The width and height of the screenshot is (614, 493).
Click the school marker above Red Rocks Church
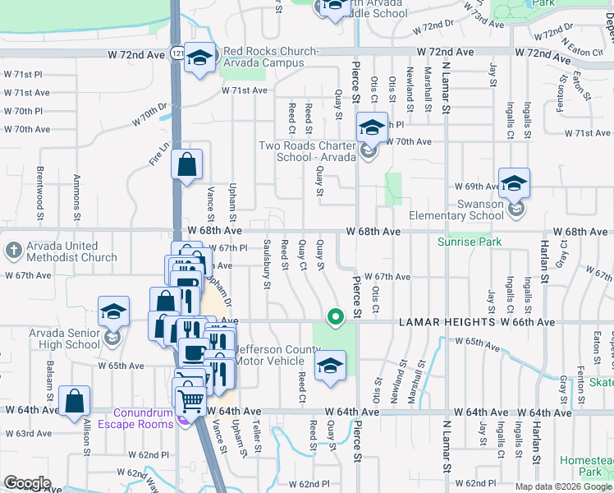pos(199,58)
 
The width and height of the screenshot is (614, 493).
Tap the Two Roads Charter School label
pos(307,151)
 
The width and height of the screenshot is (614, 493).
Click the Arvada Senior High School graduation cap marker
pos(113,312)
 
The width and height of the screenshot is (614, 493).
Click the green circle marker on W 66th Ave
pos(334,316)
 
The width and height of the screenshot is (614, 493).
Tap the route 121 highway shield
pos(177,53)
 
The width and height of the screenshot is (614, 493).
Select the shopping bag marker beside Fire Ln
pos(186,164)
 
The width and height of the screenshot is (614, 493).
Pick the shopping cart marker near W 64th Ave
pos(190,401)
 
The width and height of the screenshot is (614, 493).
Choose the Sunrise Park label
pos(469,242)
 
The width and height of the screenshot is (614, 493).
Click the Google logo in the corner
pos(27,482)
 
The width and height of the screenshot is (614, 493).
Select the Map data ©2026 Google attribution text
pos(562,486)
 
